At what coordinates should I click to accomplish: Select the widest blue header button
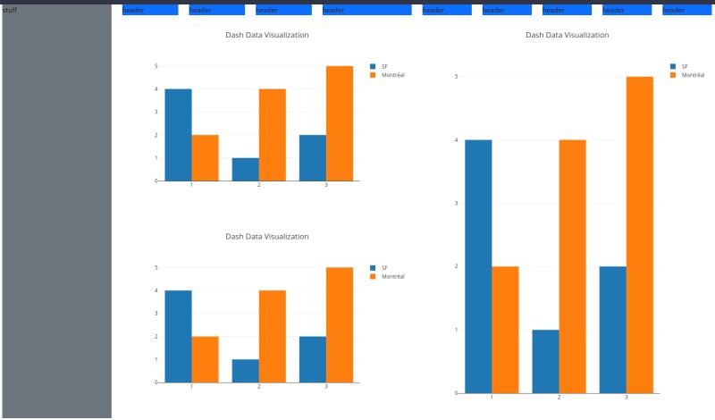coord(366,10)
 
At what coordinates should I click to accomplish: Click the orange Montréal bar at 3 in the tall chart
coord(639,234)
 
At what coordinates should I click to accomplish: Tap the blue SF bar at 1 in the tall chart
coord(478,266)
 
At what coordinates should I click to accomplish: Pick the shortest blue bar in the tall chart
coord(545,361)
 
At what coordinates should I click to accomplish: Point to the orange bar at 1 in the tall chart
coord(505,329)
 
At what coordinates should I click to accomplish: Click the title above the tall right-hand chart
coord(567,35)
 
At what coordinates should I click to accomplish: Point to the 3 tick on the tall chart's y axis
coord(456,203)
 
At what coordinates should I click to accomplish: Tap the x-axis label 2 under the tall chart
coord(559,397)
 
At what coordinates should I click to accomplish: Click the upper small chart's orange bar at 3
coord(340,123)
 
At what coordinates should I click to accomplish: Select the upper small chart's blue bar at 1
coord(178,134)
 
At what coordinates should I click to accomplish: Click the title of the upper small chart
coord(266,35)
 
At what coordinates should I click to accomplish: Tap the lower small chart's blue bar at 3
coord(312,359)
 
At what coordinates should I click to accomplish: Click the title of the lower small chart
coord(266,237)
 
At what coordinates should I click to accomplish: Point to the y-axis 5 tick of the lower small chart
coord(156,267)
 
